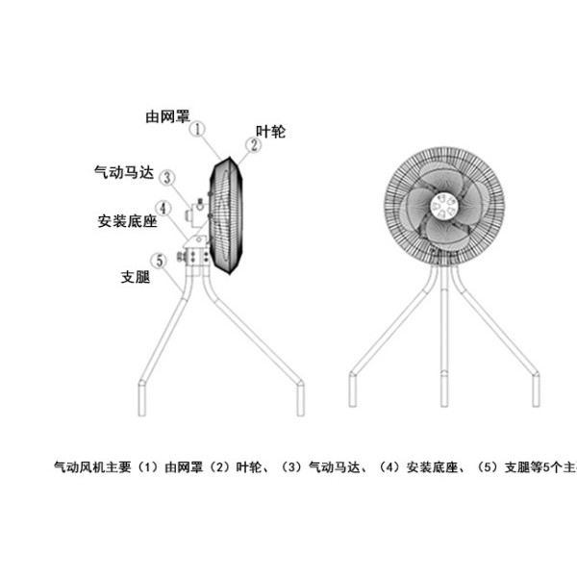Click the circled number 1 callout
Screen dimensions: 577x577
197,130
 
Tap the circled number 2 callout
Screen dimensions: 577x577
254,145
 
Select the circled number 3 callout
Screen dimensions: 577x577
167,178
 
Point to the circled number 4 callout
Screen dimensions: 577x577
163,209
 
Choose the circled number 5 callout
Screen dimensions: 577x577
160,261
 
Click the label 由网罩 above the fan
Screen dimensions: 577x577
167,116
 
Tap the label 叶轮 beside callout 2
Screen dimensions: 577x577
271,132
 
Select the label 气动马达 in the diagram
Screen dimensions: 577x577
124,172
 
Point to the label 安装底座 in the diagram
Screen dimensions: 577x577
127,221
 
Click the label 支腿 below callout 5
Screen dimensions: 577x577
136,277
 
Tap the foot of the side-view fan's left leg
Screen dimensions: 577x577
142,399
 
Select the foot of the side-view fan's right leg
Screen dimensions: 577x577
301,398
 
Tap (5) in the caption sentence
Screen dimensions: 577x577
488,467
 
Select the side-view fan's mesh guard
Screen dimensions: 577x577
226,215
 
